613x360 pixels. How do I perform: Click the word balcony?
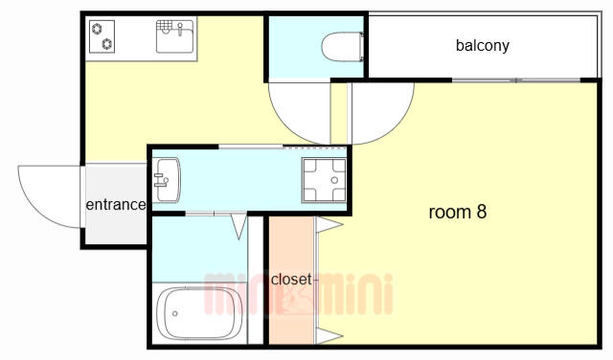[x=483, y=45]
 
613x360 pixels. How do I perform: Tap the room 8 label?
[x=458, y=212]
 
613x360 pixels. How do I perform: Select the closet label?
[x=291, y=279]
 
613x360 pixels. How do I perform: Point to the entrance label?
[x=116, y=205]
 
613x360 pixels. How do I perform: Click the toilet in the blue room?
[x=343, y=47]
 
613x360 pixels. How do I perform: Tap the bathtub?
[x=199, y=313]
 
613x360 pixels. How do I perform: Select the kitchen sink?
[x=174, y=36]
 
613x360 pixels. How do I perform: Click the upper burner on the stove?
[x=97, y=29]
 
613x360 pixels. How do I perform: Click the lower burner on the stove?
[x=107, y=44]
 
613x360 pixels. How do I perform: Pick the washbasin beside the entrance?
[x=166, y=180]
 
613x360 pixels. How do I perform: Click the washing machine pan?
[x=324, y=180]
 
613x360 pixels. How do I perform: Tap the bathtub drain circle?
[x=174, y=313]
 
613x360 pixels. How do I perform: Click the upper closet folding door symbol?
[x=329, y=225]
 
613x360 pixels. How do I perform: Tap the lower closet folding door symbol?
[x=329, y=336]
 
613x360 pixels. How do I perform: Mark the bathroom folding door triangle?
[x=238, y=226]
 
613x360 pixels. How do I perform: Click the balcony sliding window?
[x=516, y=80]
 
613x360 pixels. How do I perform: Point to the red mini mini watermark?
[x=298, y=294]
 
